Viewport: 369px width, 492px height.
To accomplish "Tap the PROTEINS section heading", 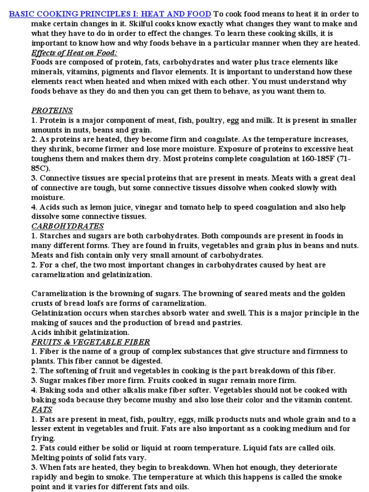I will pos(52,111).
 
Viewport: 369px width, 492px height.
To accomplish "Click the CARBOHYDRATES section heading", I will pos(67,226).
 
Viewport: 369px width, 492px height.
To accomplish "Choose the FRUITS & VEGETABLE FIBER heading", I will pos(90,342).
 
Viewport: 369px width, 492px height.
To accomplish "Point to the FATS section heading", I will pos(42,409).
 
